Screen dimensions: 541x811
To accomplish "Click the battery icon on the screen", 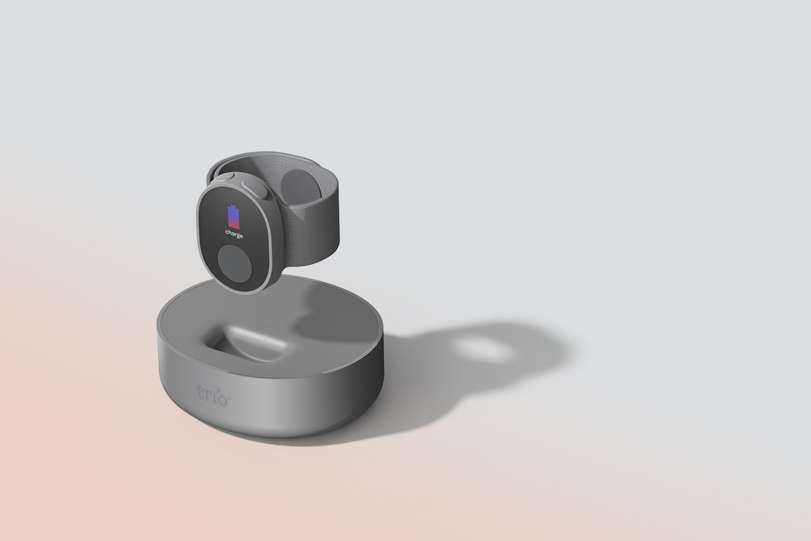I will (233, 215).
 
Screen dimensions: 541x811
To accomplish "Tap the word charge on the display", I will (234, 234).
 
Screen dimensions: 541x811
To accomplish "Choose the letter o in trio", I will (224, 396).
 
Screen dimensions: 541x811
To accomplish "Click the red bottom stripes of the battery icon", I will (233, 223).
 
